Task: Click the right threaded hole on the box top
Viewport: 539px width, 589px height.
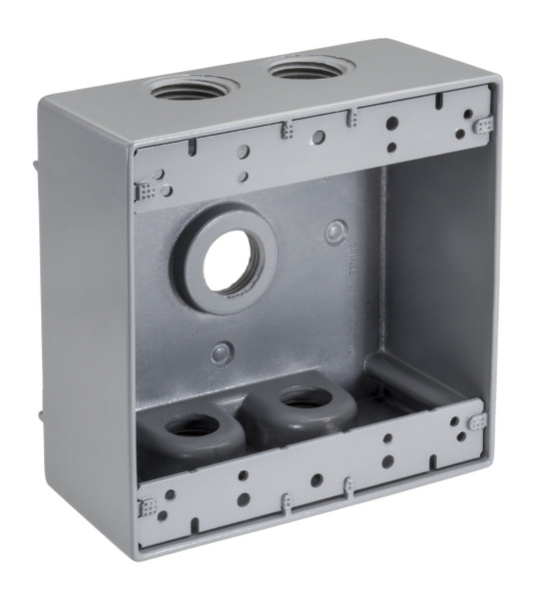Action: tap(301, 71)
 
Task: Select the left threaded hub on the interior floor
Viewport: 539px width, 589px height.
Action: tap(193, 426)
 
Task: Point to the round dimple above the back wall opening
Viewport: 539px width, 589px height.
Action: tap(335, 234)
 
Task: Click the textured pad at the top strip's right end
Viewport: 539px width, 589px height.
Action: tap(483, 126)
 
